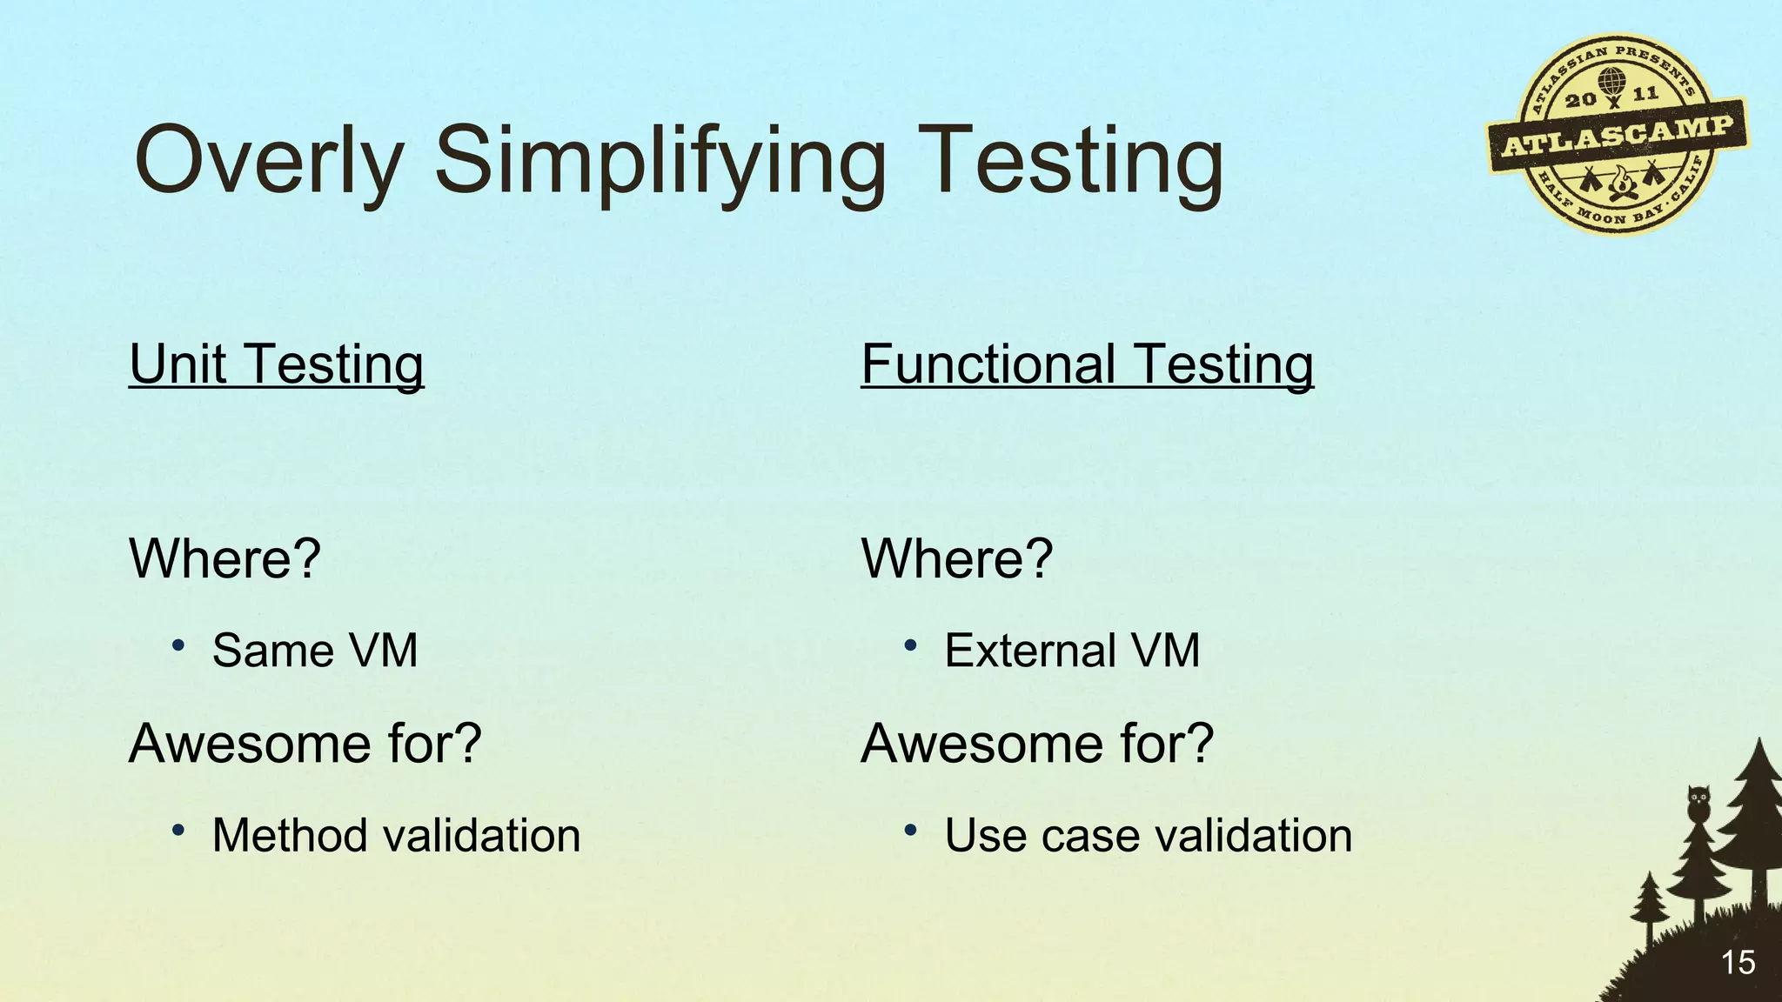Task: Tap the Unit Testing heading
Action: tap(277, 364)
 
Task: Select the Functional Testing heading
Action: tap(1087, 364)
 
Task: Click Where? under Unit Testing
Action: tap(224, 558)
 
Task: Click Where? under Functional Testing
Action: tap(956, 558)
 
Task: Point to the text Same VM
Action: tap(315, 651)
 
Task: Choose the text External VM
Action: tap(1072, 651)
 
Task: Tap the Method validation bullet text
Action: tap(396, 836)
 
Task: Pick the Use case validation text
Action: tap(1148, 836)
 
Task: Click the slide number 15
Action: tap(1738, 963)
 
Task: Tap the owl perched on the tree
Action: tap(1698, 803)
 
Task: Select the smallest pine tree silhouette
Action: tap(1649, 905)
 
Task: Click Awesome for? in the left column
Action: tap(305, 744)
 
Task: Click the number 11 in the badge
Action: tap(1645, 93)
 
